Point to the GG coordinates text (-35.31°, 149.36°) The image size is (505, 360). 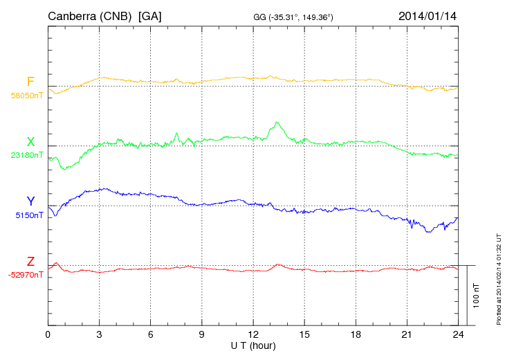tap(295, 17)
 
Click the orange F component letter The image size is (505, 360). tap(30, 82)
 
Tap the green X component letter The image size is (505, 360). tap(30, 142)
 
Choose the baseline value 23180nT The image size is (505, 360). tap(27, 155)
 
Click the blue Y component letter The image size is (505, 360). tap(30, 201)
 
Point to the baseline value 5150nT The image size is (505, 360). tap(29, 215)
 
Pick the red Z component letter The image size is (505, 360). tap(30, 262)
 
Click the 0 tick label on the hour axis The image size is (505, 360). tap(48, 334)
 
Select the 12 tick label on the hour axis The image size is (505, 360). tap(253, 334)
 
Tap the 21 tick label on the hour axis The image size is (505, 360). tap(407, 334)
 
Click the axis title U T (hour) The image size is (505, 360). tap(253, 345)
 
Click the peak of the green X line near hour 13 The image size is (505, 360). tap(277, 123)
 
